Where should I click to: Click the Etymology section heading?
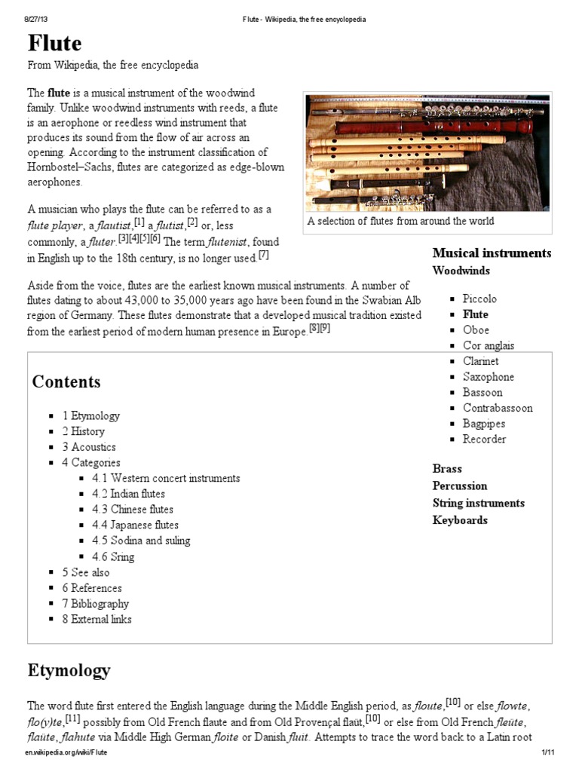coord(69,669)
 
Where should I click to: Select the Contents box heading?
coord(66,381)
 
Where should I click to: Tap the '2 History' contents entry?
coord(83,431)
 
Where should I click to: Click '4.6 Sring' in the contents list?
coord(113,556)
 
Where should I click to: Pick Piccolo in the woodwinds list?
coord(479,299)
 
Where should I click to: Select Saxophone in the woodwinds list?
coord(489,377)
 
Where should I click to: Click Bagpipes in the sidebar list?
coord(484,424)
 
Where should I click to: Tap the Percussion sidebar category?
coord(460,486)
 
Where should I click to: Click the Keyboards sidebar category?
coord(460,520)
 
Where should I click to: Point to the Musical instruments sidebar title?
coord(492,253)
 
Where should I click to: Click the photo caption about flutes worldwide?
coord(400,221)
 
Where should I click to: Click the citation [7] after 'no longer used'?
coord(263,255)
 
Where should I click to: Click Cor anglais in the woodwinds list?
coord(489,345)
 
